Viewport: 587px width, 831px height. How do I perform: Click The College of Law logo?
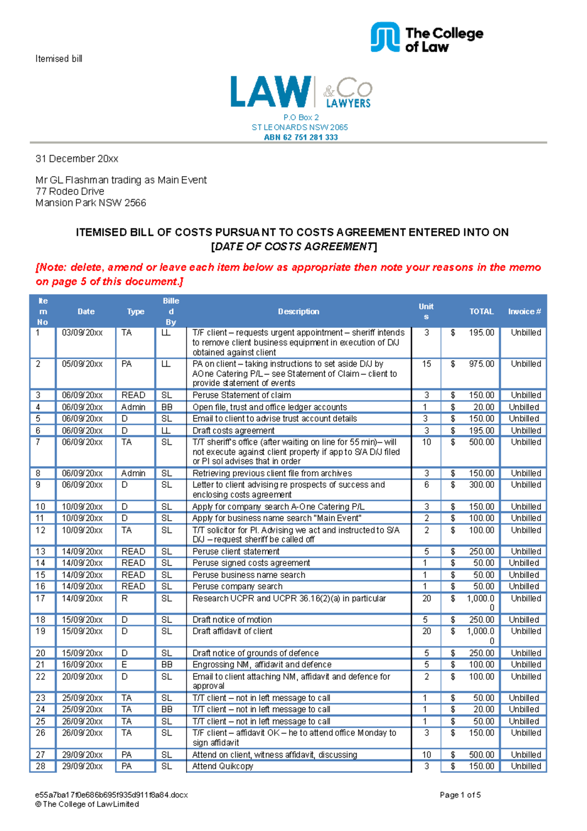pyautogui.click(x=427, y=38)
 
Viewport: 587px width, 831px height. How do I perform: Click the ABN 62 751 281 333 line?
pyautogui.click(x=301, y=138)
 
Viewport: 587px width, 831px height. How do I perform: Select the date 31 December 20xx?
pyautogui.click(x=77, y=159)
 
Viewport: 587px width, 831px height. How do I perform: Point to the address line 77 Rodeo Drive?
pyautogui.click(x=70, y=191)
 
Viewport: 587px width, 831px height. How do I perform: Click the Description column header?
pyautogui.click(x=298, y=312)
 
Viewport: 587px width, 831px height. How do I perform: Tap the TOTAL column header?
pyautogui.click(x=481, y=312)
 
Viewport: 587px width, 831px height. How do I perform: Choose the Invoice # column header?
pyautogui.click(x=524, y=312)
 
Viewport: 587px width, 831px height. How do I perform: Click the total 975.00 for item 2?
pyautogui.click(x=481, y=364)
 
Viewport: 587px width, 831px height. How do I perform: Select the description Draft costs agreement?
pyautogui.click(x=233, y=431)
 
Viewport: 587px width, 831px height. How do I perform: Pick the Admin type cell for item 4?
pyautogui.click(x=134, y=407)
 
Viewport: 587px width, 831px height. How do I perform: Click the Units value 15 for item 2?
pyautogui.click(x=427, y=364)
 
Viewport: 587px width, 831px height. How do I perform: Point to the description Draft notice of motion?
pyautogui.click(x=232, y=620)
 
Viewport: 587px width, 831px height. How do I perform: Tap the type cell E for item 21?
pyautogui.click(x=124, y=665)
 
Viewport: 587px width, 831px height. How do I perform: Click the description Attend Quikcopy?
pyautogui.click(x=223, y=766)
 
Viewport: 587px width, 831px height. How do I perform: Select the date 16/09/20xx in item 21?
pyautogui.click(x=82, y=665)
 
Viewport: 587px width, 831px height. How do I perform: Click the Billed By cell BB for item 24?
pyautogui.click(x=167, y=710)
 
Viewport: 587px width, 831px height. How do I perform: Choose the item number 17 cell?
pyautogui.click(x=41, y=599)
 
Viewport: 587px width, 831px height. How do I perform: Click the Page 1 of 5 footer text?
pyautogui.click(x=460, y=795)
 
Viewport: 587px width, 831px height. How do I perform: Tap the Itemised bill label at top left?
pyautogui.click(x=59, y=59)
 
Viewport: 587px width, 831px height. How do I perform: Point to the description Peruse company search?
pyautogui.click(x=237, y=586)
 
